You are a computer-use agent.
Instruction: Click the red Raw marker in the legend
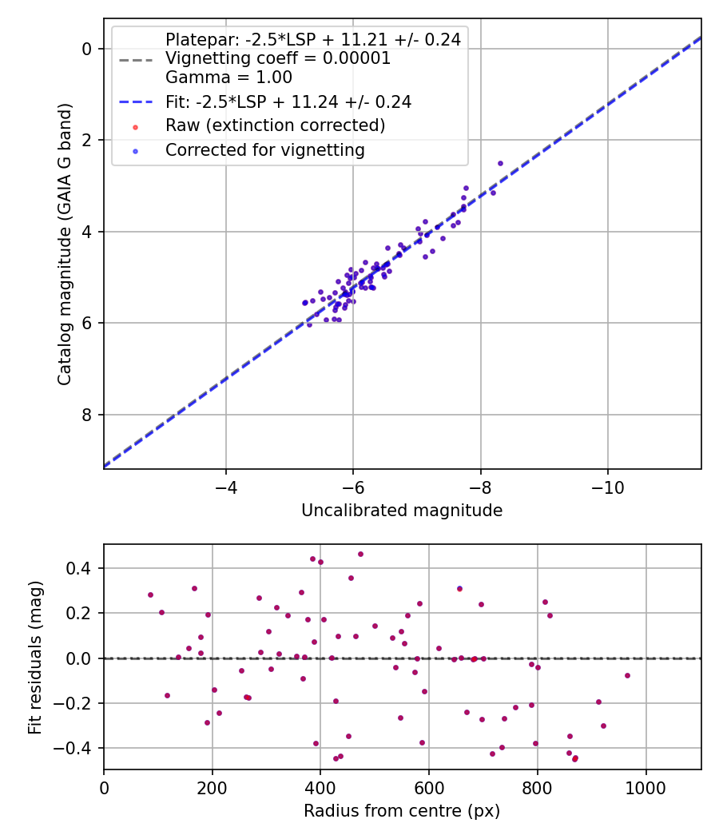tap(135, 127)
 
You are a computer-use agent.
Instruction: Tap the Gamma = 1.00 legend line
tap(228, 77)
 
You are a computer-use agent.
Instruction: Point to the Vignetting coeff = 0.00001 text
tap(278, 58)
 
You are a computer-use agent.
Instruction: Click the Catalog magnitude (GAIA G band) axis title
tap(65, 244)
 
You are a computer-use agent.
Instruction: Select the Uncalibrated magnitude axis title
tap(402, 510)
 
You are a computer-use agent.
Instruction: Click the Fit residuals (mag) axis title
tap(35, 658)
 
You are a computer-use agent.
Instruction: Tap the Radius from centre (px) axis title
tap(402, 811)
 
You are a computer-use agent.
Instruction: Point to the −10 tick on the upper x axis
tap(607, 487)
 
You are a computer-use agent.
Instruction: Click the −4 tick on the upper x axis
tap(225, 487)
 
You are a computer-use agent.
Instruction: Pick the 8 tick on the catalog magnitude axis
tap(86, 415)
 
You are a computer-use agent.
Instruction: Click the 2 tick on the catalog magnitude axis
tap(86, 140)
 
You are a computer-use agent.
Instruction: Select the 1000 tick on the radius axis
tap(646, 788)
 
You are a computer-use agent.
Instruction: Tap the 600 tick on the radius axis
tap(429, 788)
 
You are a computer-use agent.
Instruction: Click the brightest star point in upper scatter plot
tap(500, 163)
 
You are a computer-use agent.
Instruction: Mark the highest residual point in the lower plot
tap(360, 554)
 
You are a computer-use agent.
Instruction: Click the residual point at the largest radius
tap(627, 675)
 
